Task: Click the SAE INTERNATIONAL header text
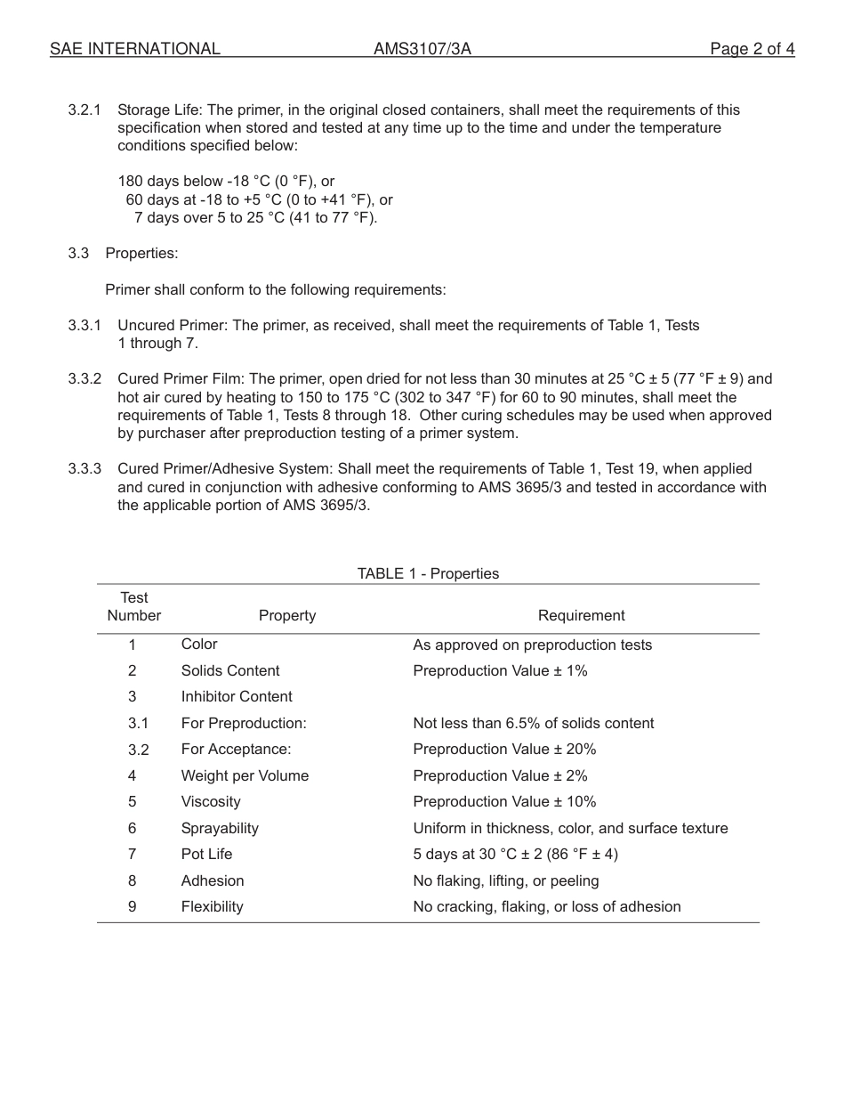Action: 134,49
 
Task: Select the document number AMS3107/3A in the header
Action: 422,49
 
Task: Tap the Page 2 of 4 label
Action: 752,49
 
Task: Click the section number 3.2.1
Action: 84,110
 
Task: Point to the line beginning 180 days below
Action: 226,182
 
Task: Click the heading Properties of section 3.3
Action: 141,254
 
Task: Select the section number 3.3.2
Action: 84,379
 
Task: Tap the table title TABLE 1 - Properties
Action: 428,574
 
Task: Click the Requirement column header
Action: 581,616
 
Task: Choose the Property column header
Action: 286,616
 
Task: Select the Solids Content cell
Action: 229,671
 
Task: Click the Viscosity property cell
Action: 211,802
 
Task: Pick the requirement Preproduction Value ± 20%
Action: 504,750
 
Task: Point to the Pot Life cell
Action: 206,855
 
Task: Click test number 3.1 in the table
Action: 138,724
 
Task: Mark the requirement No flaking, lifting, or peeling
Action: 505,881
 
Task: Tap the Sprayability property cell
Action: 220,829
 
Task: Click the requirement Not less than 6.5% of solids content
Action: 533,724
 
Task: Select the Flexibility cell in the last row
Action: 212,907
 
